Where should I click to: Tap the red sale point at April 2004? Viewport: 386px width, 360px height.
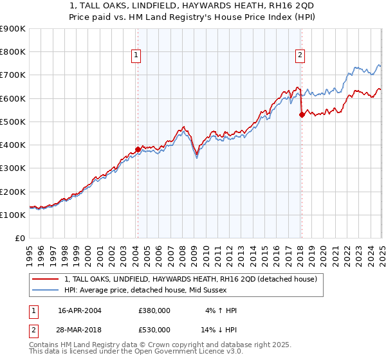tap(138, 149)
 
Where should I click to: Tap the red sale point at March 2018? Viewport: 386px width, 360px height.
tap(302, 115)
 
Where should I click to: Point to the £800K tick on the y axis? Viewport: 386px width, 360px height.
tap(13, 52)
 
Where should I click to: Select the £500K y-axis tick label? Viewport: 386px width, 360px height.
tap(13, 122)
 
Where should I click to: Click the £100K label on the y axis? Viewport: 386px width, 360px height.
tap(13, 215)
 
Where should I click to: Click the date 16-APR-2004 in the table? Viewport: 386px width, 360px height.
tap(79, 310)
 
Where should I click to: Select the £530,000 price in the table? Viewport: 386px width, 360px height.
tap(154, 330)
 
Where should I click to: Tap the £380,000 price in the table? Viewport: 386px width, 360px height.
tap(154, 310)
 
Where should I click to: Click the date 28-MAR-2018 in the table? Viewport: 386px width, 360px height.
tap(80, 330)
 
